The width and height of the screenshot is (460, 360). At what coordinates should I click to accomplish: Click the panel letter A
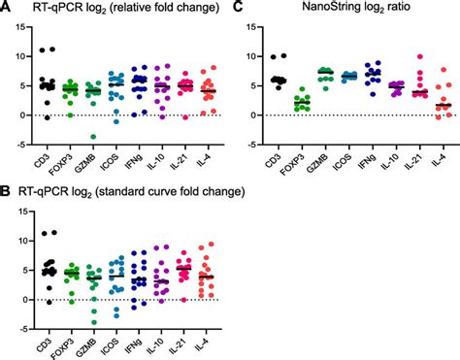[x=6, y=10]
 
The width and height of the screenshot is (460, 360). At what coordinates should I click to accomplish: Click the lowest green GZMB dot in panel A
[x=93, y=136]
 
